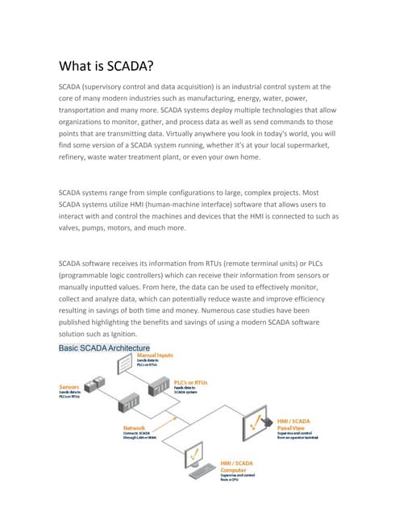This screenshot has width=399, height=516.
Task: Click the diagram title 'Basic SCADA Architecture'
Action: coord(105,348)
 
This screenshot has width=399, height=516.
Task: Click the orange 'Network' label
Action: coord(135,427)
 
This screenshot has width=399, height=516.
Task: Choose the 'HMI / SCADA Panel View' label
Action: coord(295,424)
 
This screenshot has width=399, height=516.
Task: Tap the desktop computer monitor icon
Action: coord(197,458)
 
